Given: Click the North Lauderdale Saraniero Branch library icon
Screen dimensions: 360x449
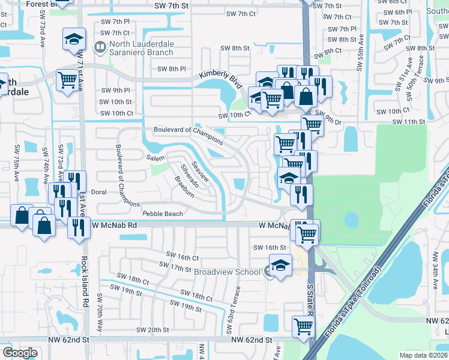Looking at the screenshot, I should [100, 46].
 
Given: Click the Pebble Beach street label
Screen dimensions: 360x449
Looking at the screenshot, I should [162, 214].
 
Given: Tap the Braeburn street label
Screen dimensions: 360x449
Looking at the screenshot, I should [184, 186].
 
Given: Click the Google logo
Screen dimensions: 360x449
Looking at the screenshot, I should [20, 352].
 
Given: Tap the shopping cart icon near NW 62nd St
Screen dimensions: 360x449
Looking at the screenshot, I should [303, 326].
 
